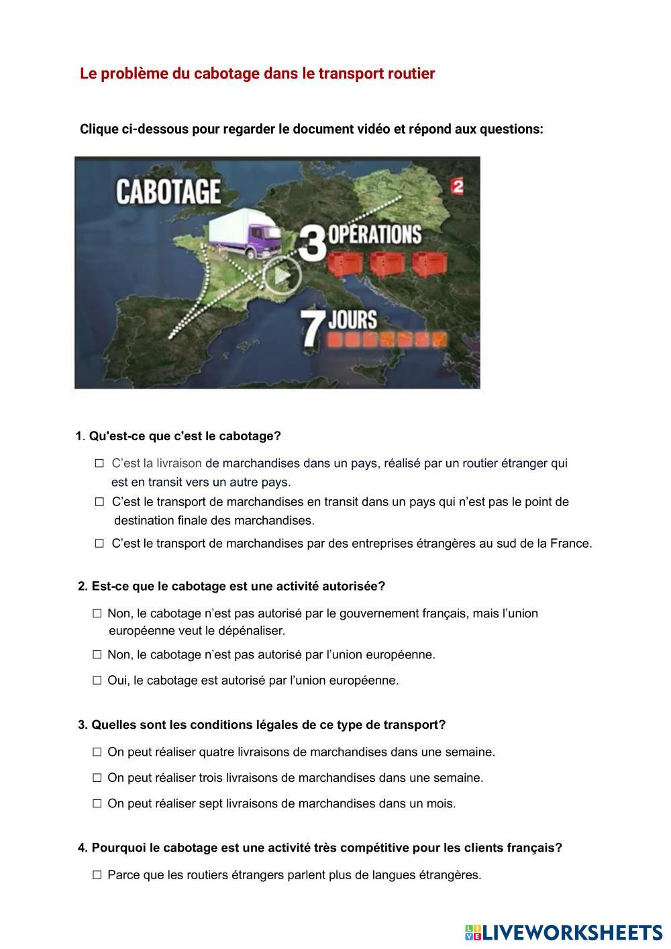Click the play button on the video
[281, 275]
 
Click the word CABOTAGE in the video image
[168, 191]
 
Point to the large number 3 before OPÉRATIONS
[312, 244]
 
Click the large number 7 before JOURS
[311, 328]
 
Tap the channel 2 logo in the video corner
[458, 187]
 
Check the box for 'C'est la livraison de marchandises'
[99, 463]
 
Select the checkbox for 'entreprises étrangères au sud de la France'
[99, 544]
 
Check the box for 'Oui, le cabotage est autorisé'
[97, 681]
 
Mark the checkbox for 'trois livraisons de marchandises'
[97, 778]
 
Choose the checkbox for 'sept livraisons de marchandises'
[97, 803]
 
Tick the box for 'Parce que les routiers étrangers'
[97, 875]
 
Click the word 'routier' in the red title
[411, 74]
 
